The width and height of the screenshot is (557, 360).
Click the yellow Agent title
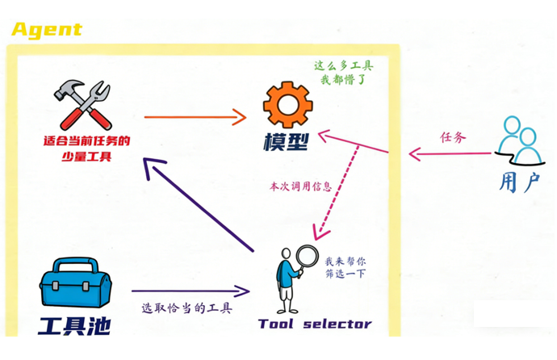(47, 30)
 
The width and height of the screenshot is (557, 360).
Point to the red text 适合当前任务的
(86, 140)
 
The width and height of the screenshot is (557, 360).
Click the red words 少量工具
(86, 157)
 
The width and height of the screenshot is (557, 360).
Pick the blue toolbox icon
(75, 285)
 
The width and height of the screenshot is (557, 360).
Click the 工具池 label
(73, 326)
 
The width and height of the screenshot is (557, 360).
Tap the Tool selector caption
(315, 324)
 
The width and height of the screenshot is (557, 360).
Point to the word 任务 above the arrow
(453, 137)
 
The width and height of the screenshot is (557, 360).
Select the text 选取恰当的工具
(186, 308)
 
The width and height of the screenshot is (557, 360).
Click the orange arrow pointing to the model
(195, 117)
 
